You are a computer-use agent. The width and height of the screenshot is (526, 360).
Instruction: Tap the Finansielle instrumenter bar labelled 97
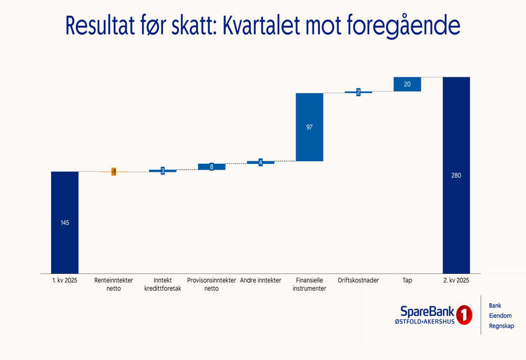tap(309, 142)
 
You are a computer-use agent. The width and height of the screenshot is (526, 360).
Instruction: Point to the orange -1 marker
tap(114, 172)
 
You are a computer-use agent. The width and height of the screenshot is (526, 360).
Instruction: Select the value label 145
tap(65, 223)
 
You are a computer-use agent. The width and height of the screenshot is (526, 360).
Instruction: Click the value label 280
tap(456, 176)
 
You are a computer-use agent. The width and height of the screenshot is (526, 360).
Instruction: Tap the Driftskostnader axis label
tap(358, 281)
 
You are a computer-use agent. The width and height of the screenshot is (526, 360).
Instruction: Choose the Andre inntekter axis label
tap(260, 281)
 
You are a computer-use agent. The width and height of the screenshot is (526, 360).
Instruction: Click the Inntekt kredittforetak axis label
tap(163, 284)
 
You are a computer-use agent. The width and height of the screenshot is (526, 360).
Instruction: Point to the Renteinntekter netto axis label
tap(114, 284)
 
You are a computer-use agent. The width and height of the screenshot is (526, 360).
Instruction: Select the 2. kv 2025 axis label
tap(456, 281)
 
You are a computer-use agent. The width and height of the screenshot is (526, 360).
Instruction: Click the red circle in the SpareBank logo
tap(464, 315)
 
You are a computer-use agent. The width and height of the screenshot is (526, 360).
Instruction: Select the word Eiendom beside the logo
tap(500, 316)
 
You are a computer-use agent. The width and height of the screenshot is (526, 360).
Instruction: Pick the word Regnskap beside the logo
tap(501, 326)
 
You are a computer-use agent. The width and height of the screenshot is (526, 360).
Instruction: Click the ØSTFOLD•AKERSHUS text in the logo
tap(424, 321)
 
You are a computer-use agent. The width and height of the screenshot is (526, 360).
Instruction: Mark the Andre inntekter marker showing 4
tap(260, 162)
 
